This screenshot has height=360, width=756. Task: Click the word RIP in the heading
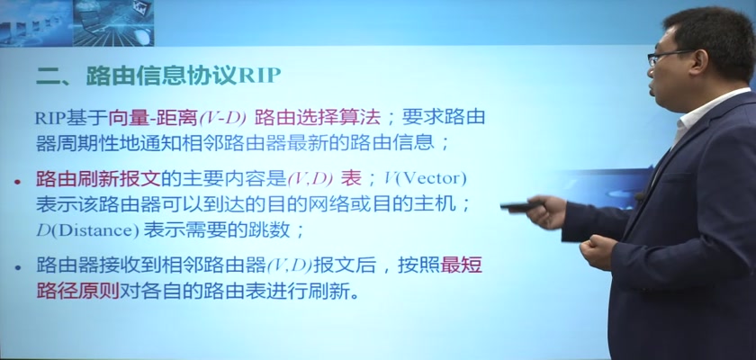[x=259, y=76]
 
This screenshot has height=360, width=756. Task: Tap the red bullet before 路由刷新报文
[x=18, y=182]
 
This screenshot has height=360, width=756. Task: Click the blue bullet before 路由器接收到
[x=18, y=267]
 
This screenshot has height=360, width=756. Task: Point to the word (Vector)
[x=430, y=179]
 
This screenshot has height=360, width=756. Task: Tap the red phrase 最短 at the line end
[x=462, y=265]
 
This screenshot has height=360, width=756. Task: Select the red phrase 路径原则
[x=77, y=292]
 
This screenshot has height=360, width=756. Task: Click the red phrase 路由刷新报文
[x=98, y=179]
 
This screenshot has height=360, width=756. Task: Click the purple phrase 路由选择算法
[x=318, y=118]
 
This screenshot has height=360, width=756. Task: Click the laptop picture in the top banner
[x=113, y=23]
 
